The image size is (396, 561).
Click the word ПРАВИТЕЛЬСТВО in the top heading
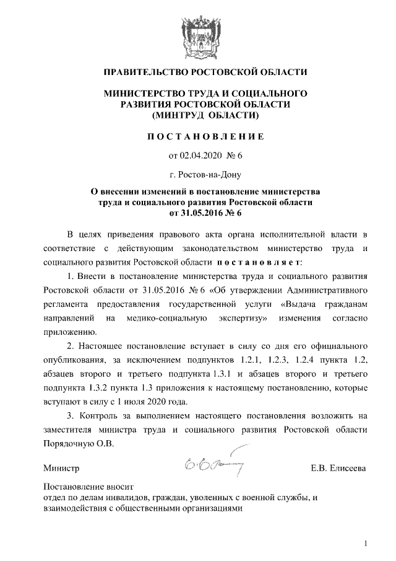144,72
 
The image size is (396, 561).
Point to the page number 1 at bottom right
366,544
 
